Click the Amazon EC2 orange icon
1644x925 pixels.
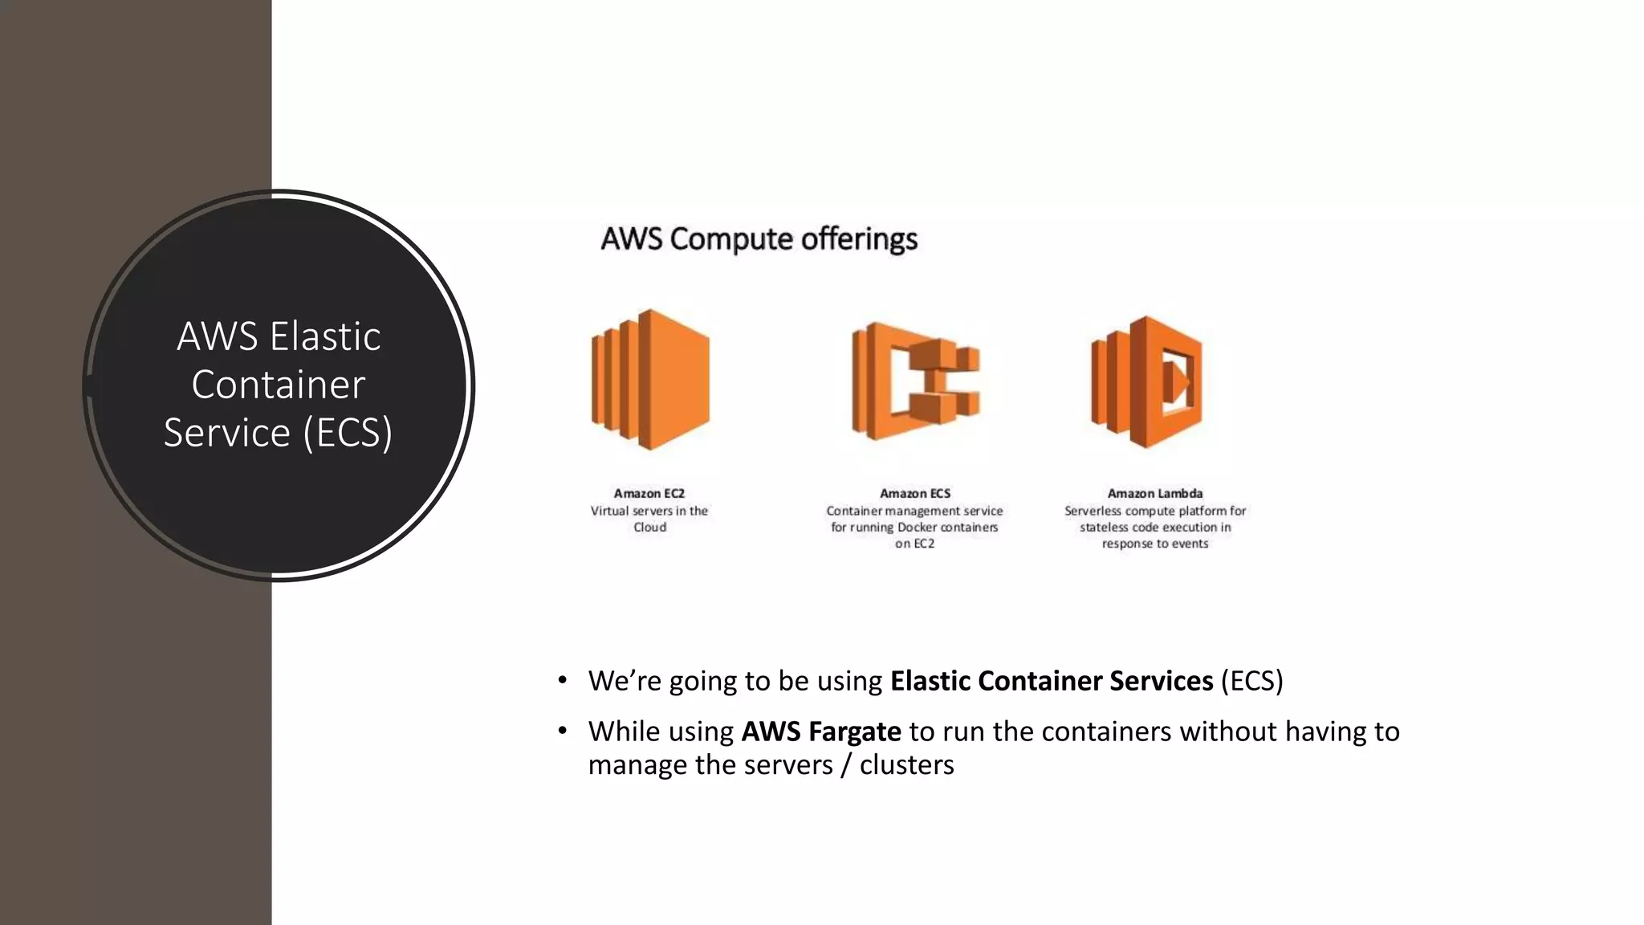pos(650,379)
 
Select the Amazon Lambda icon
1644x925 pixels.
pos(1147,381)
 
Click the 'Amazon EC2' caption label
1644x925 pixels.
pos(649,493)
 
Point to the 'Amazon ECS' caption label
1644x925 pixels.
pos(915,493)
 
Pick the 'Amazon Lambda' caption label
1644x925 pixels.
pos(1155,493)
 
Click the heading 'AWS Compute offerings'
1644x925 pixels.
pos(759,238)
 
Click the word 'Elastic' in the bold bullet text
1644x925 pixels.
pos(930,681)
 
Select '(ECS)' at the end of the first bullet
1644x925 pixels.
pos(1251,681)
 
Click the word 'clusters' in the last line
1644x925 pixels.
pos(906,764)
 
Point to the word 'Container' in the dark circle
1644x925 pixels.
pos(278,384)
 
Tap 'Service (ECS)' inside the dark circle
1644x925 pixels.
pos(278,432)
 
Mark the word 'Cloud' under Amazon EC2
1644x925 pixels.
pos(649,528)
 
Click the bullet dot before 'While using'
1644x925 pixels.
pos(563,731)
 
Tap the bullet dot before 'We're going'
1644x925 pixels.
pos(563,680)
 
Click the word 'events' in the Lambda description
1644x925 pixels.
pos(1190,544)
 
